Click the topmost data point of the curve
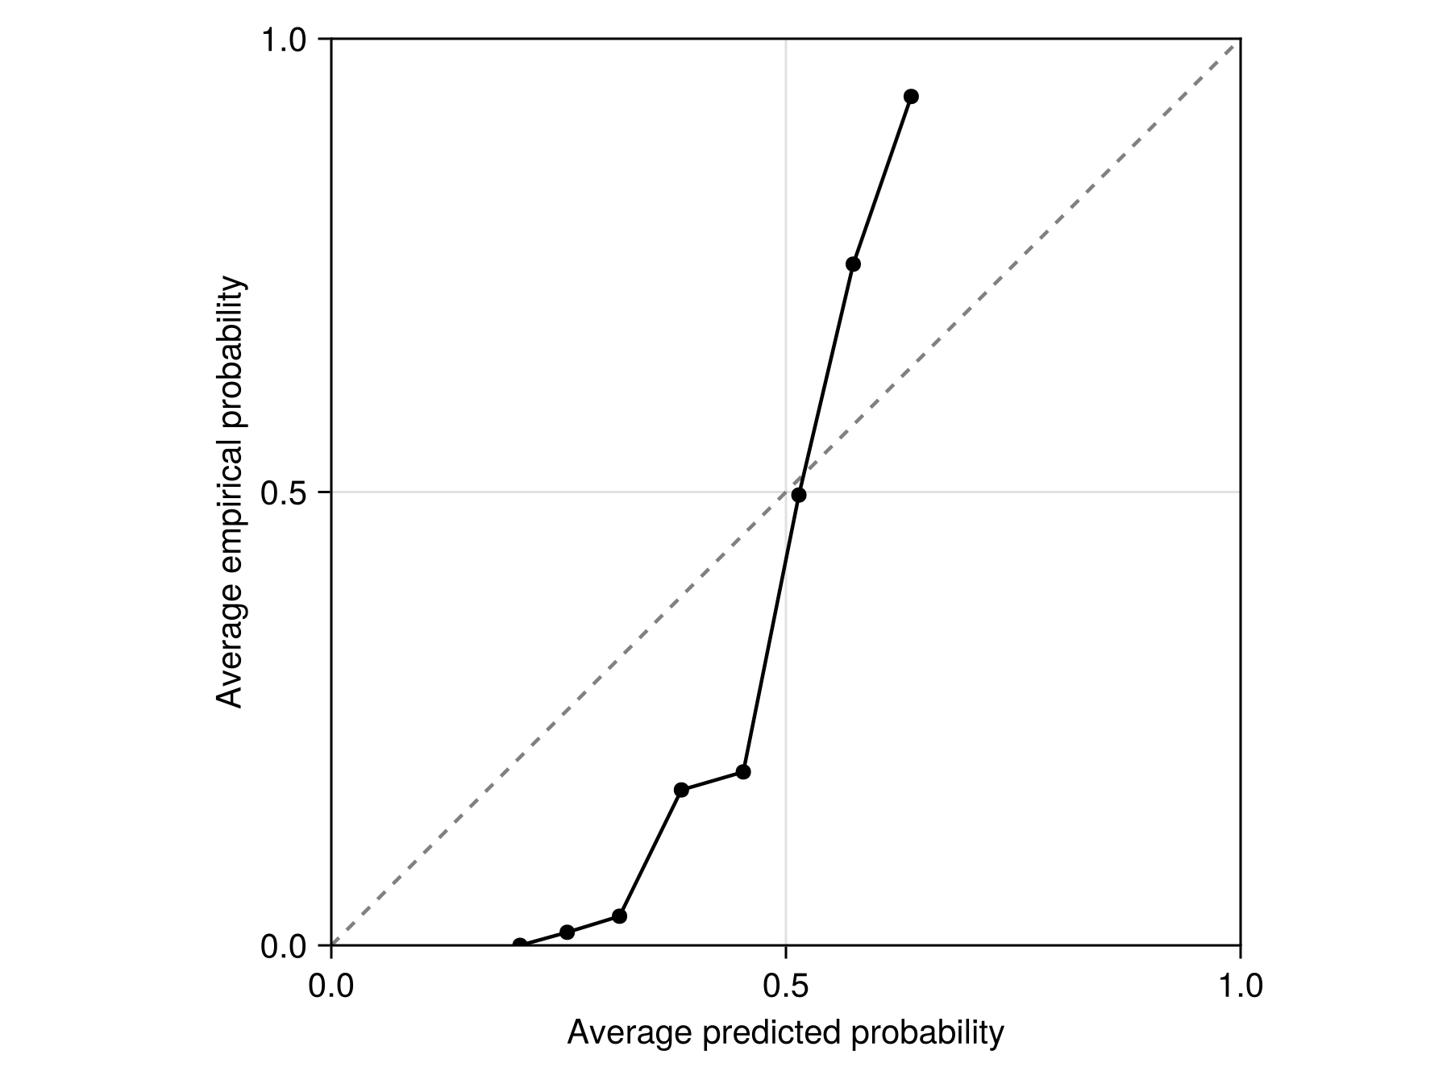(911, 97)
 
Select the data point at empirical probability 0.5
(799, 495)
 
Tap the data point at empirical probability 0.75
(853, 264)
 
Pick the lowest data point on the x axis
(520, 945)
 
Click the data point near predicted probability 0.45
(743, 772)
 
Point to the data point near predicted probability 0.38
(681, 790)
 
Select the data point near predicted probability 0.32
(619, 916)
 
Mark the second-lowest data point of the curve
(567, 932)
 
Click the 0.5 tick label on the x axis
(785, 986)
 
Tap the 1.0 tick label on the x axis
(1239, 986)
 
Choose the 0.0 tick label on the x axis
(331, 986)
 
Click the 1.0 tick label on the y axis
(285, 39)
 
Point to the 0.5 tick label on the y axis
(285, 492)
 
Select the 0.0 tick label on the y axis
(285, 947)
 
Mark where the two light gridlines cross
(786, 492)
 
